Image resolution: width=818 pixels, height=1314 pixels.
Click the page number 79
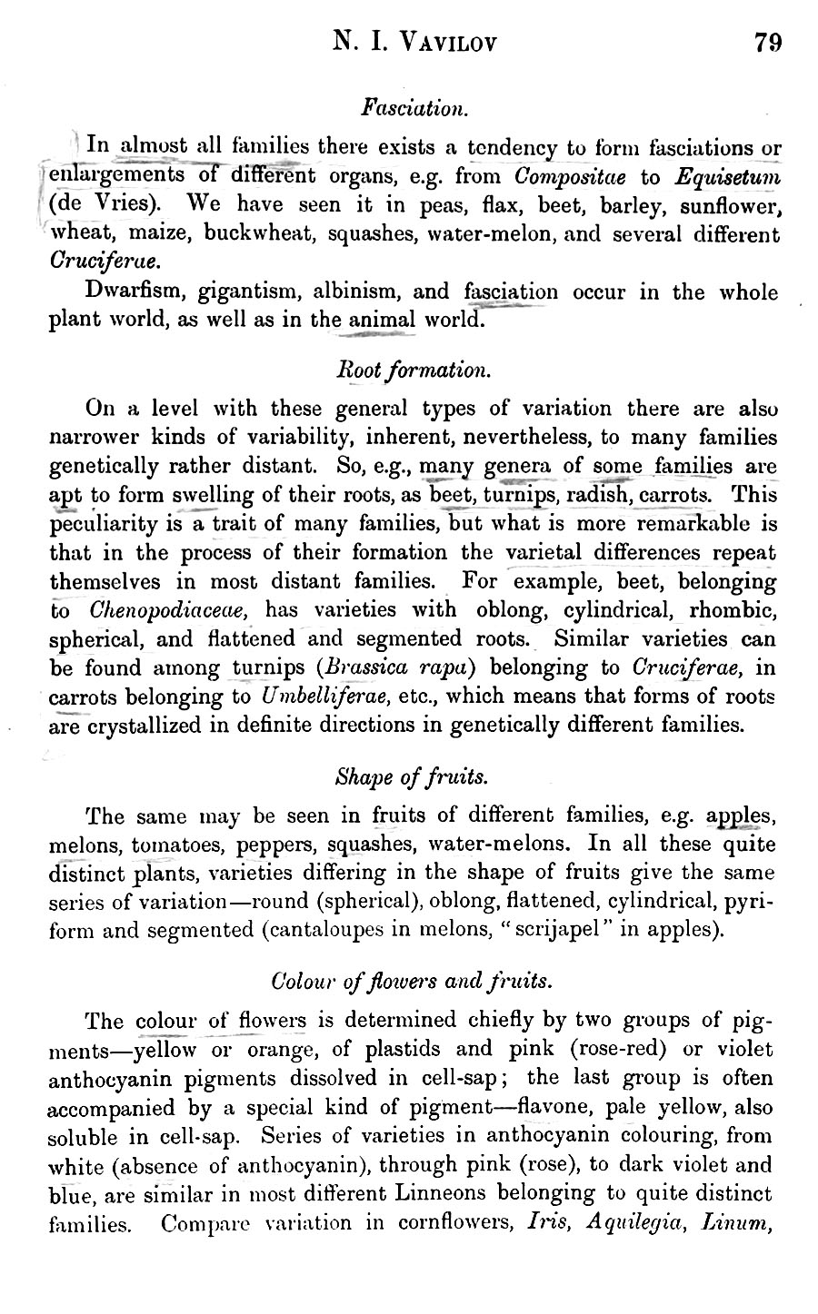(767, 42)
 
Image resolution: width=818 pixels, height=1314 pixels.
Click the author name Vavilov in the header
(443, 42)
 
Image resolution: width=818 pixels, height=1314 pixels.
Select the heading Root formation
(414, 370)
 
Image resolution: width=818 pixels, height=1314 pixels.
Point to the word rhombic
(733, 610)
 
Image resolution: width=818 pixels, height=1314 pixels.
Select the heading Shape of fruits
(413, 777)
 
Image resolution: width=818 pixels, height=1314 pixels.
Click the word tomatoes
(178, 844)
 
